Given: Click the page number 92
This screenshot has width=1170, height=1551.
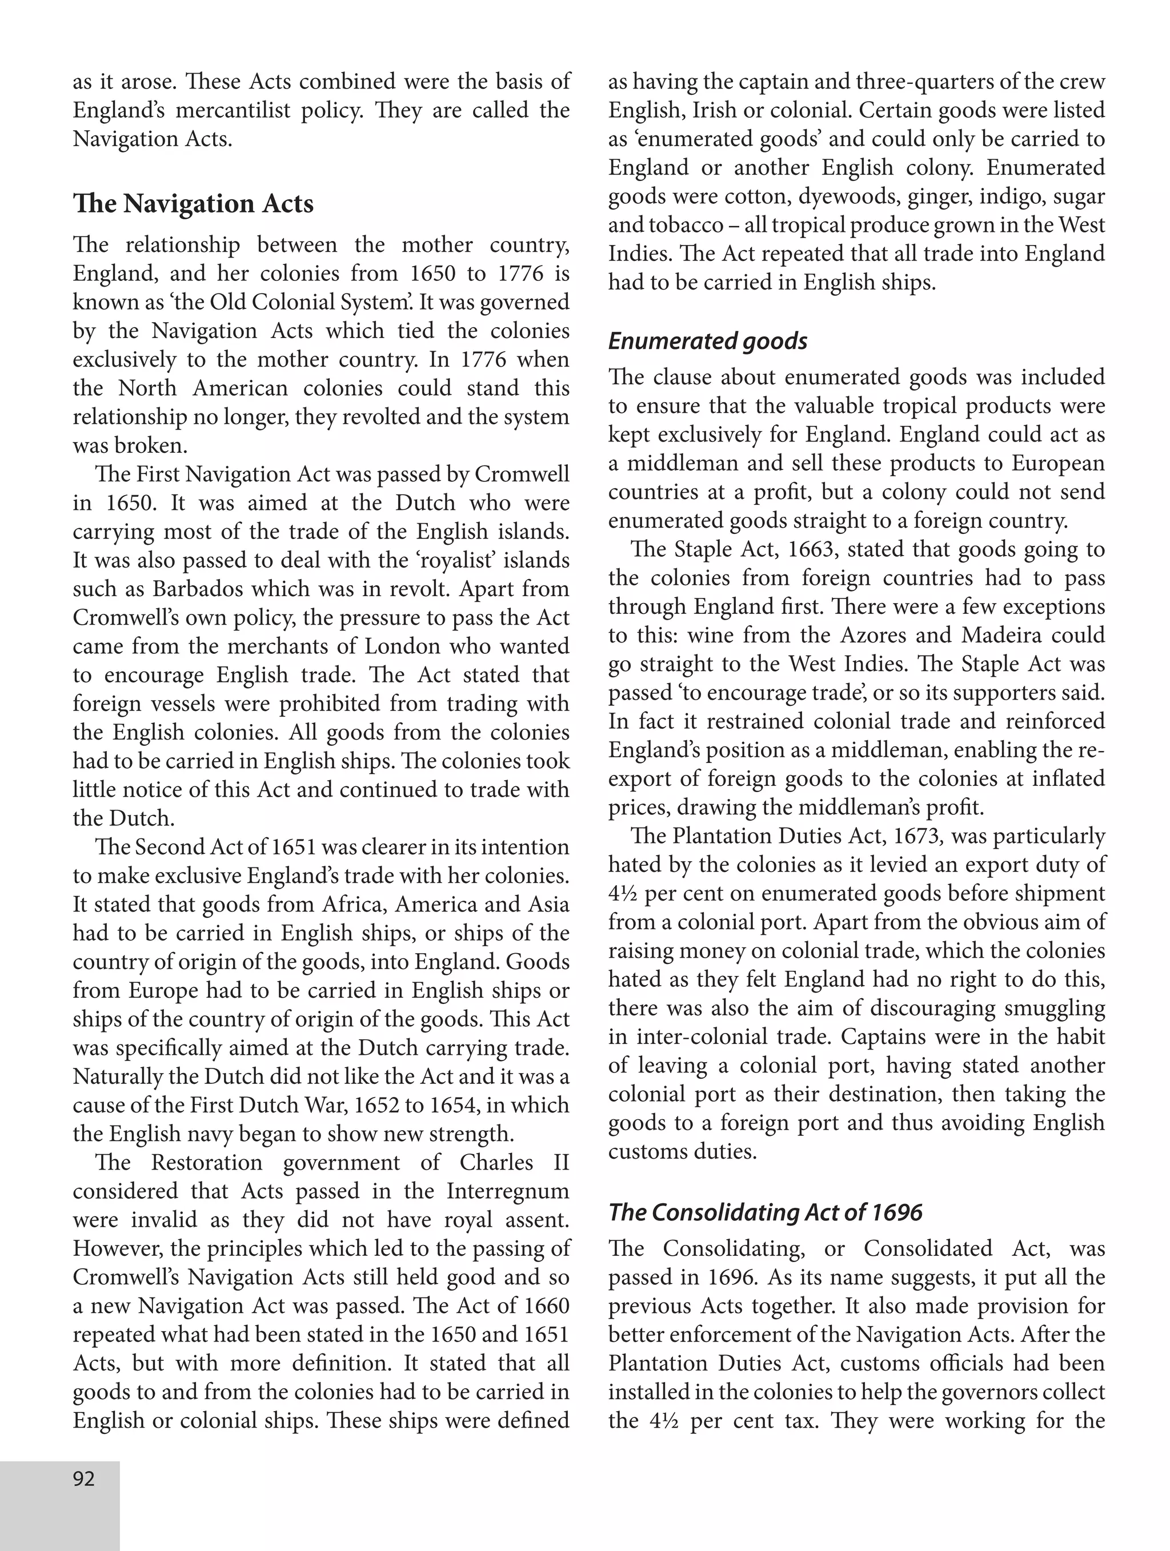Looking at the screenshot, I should tap(83, 1479).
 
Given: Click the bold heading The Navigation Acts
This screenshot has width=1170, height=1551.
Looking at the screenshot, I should tap(193, 204).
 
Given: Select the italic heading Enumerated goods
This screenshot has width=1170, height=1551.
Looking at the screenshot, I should tap(707, 341).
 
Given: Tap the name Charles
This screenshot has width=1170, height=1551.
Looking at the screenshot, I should tap(496, 1163).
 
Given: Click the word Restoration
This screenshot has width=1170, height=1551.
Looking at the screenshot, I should tap(206, 1163).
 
